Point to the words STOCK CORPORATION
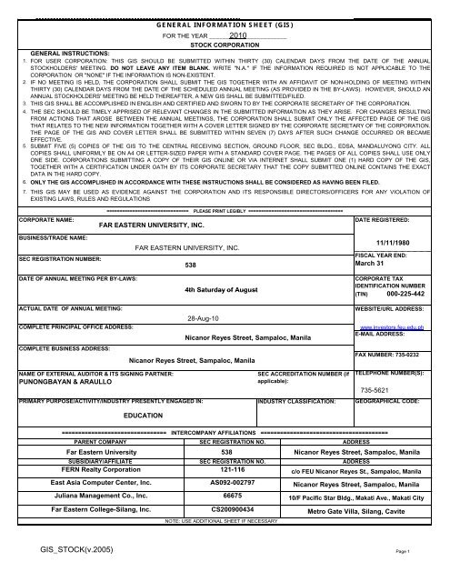coord(225,44)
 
